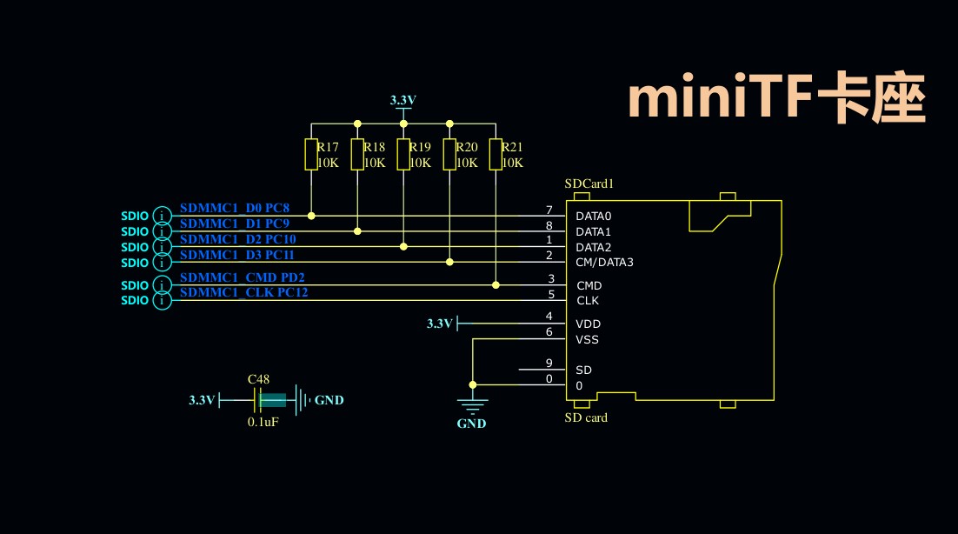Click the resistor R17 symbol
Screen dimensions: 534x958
click(x=311, y=154)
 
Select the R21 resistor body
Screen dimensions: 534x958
click(x=496, y=154)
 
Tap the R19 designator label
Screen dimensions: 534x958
click(x=420, y=147)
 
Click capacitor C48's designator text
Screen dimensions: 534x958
click(x=258, y=379)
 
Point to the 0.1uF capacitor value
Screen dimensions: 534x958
click(x=263, y=422)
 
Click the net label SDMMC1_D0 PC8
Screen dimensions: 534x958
click(x=235, y=209)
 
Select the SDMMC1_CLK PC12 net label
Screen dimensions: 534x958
click(x=243, y=293)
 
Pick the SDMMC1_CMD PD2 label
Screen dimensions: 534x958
click(x=243, y=277)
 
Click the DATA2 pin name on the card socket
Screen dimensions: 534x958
click(x=594, y=247)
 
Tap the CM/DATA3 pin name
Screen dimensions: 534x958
click(x=604, y=263)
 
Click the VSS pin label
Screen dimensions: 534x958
click(x=587, y=340)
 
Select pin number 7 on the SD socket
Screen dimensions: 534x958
click(x=549, y=210)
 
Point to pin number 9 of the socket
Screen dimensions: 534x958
click(x=549, y=364)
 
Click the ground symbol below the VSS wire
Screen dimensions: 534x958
click(x=472, y=404)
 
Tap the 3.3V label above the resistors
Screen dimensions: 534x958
click(x=402, y=100)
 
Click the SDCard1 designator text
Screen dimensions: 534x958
click(x=589, y=184)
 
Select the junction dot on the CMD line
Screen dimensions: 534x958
click(x=496, y=284)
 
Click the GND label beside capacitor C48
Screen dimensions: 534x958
click(x=329, y=400)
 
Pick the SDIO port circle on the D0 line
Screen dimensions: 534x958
click(x=162, y=216)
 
